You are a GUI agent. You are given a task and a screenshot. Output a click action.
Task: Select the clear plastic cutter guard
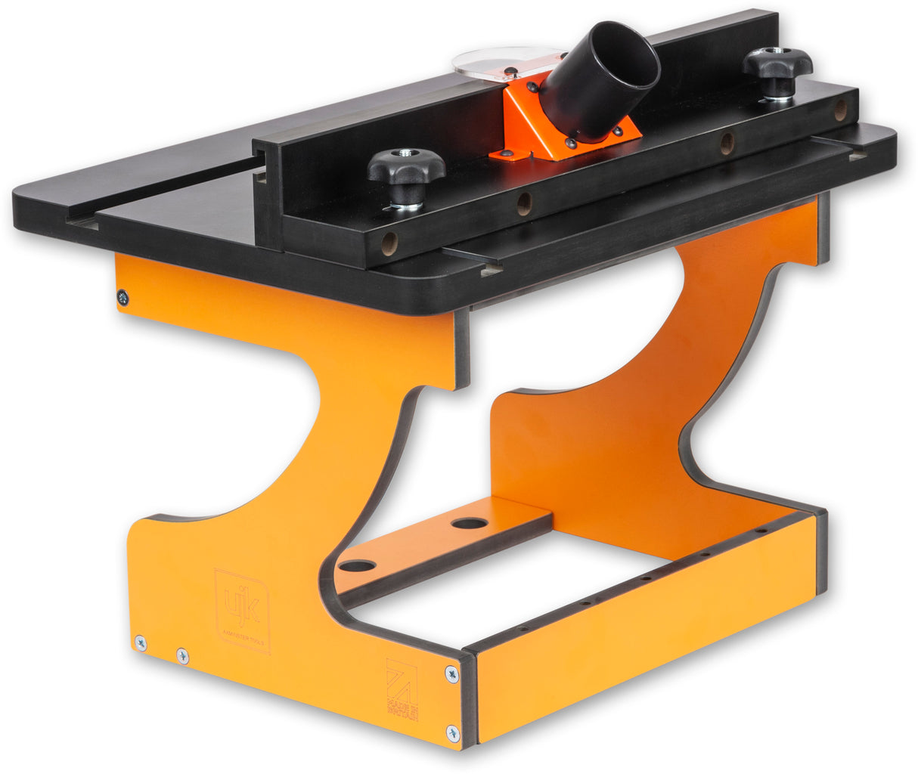pyautogui.click(x=492, y=63)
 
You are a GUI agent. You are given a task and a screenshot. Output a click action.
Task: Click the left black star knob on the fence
pyautogui.click(x=407, y=168)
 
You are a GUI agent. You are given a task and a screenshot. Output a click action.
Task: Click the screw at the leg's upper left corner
pyautogui.click(x=123, y=298)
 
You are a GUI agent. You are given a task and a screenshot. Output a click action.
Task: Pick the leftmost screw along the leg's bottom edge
pyautogui.click(x=141, y=643)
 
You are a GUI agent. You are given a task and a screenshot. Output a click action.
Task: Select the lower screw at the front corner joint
pyautogui.click(x=452, y=732)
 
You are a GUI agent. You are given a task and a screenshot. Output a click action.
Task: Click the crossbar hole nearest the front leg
pyautogui.click(x=358, y=565)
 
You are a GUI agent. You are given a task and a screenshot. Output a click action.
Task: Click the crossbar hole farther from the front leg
pyautogui.click(x=470, y=523)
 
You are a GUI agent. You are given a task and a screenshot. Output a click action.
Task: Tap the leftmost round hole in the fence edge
pyautogui.click(x=389, y=243)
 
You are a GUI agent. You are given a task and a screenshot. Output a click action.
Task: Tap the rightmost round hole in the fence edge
pyautogui.click(x=840, y=110)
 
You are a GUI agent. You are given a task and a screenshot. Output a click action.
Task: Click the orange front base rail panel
pyautogui.click(x=643, y=627)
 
